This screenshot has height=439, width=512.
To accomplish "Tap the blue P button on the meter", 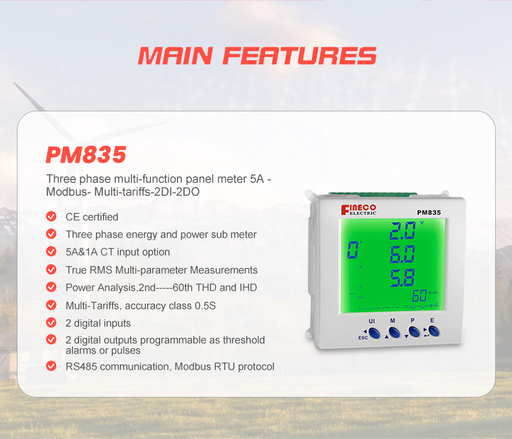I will (413, 332).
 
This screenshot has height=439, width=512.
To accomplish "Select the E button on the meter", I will (434, 332).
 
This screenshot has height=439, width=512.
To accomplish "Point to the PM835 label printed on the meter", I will (429, 212).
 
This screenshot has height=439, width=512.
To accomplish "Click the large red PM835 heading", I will (86, 155).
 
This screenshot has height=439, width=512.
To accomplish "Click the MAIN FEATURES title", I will (257, 56).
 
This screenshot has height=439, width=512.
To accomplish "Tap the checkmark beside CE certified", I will (51, 216).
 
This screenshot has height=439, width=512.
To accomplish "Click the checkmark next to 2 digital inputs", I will (51, 322).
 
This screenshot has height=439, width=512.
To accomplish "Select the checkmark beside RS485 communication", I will (51, 366).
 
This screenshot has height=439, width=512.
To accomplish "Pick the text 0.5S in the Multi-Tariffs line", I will (205, 305).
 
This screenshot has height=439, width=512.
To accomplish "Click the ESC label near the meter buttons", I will (362, 337).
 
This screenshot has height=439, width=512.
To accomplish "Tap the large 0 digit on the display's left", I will (353, 249).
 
